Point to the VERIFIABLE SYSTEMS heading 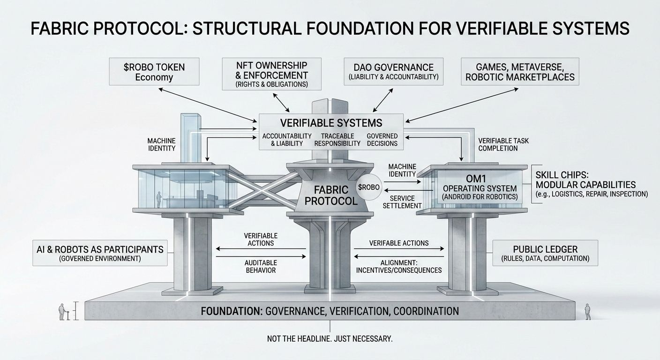(331, 123)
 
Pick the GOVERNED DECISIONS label (382, 140)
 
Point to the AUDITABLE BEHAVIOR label (261, 266)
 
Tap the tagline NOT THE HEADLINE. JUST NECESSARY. (330, 338)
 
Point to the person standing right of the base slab (586, 311)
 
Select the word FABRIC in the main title (60, 29)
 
